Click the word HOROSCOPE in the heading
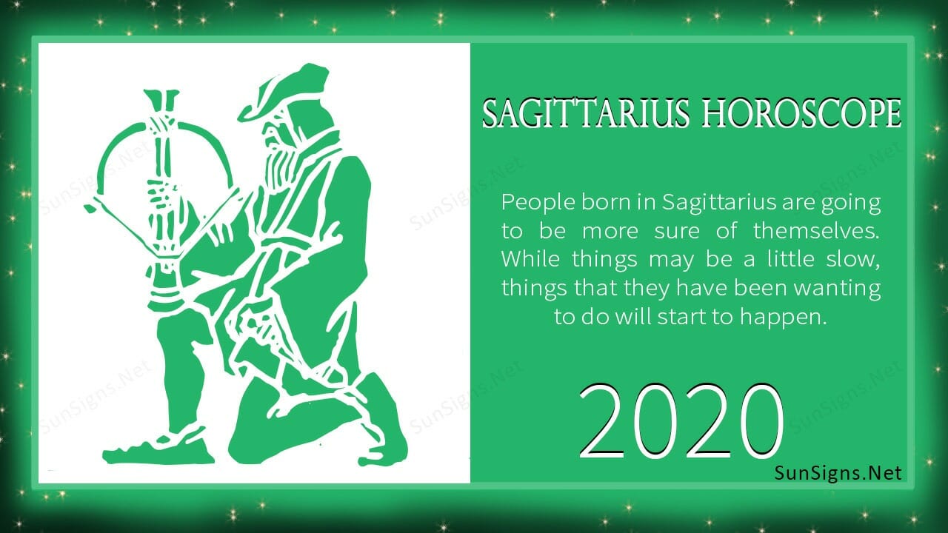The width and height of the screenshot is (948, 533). click(x=802, y=114)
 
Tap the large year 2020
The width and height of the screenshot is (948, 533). click(x=681, y=421)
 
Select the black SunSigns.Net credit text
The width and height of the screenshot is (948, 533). click(x=838, y=473)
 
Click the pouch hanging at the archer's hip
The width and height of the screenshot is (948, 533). click(x=258, y=334)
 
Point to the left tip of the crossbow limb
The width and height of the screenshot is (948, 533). click(x=90, y=209)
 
